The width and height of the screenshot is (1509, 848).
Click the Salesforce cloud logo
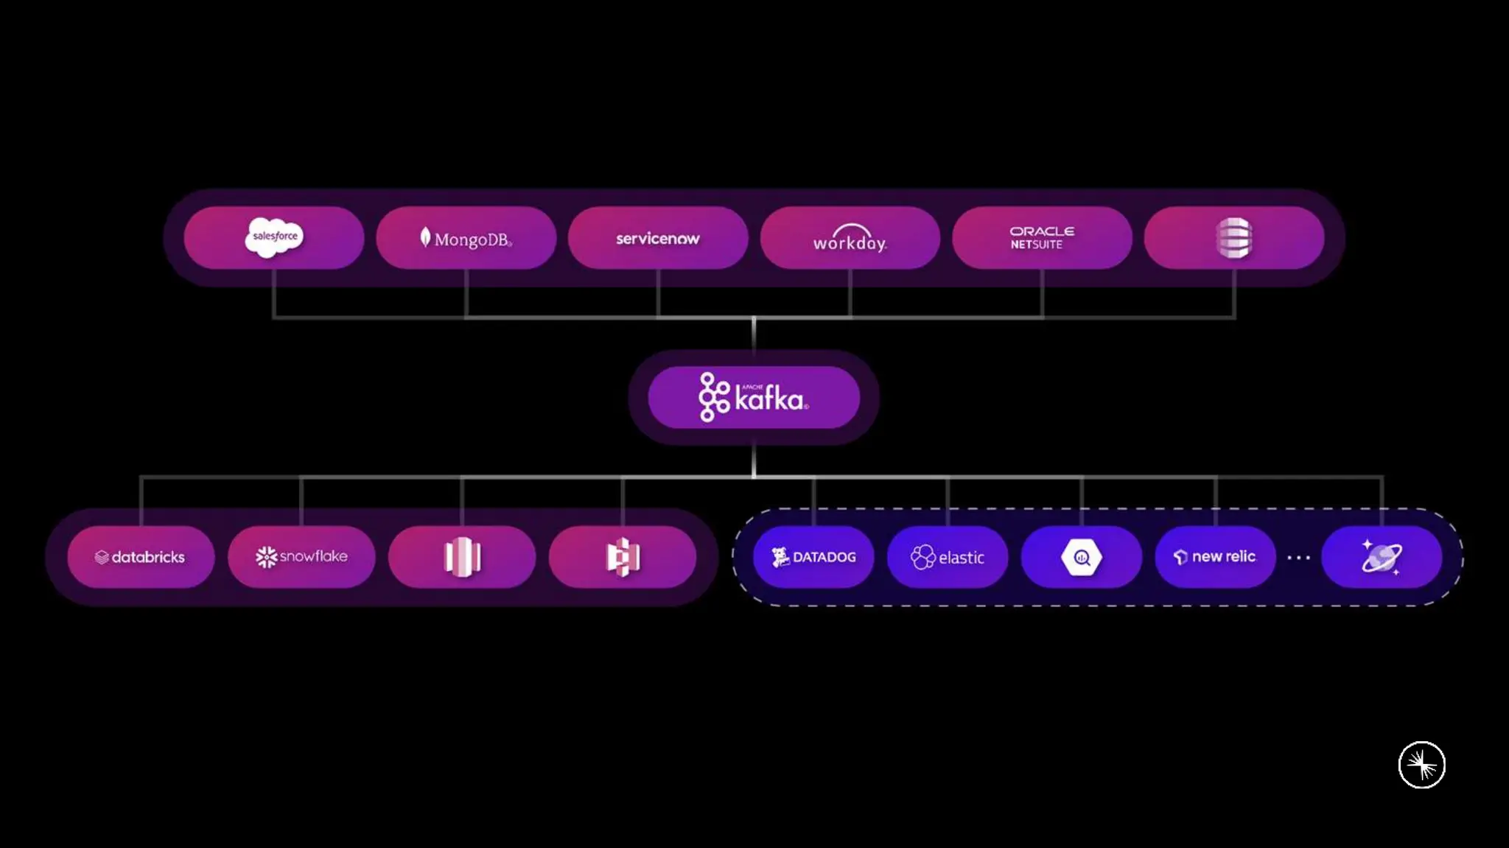click(274, 237)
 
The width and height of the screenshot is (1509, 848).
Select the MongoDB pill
click(466, 238)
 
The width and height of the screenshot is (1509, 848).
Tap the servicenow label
click(657, 239)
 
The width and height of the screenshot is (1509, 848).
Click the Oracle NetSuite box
click(1042, 238)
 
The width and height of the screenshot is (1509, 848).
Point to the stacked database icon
click(1234, 238)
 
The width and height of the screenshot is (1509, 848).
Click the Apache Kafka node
click(754, 398)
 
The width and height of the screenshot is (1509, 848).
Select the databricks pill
click(141, 557)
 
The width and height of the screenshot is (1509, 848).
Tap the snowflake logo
click(301, 557)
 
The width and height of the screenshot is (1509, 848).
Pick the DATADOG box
click(813, 557)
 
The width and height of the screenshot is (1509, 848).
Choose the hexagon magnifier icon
click(1081, 558)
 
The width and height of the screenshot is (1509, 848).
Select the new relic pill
click(1215, 557)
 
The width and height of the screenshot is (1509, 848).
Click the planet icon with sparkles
click(1381, 557)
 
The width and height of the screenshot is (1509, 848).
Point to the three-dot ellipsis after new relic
click(1298, 558)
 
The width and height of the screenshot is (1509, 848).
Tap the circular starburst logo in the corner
click(1421, 765)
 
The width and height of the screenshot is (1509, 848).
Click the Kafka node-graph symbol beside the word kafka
click(713, 397)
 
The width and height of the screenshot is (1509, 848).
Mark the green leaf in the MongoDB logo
click(425, 236)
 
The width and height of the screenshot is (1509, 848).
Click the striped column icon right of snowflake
click(462, 557)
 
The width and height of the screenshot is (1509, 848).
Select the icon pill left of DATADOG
click(623, 557)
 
